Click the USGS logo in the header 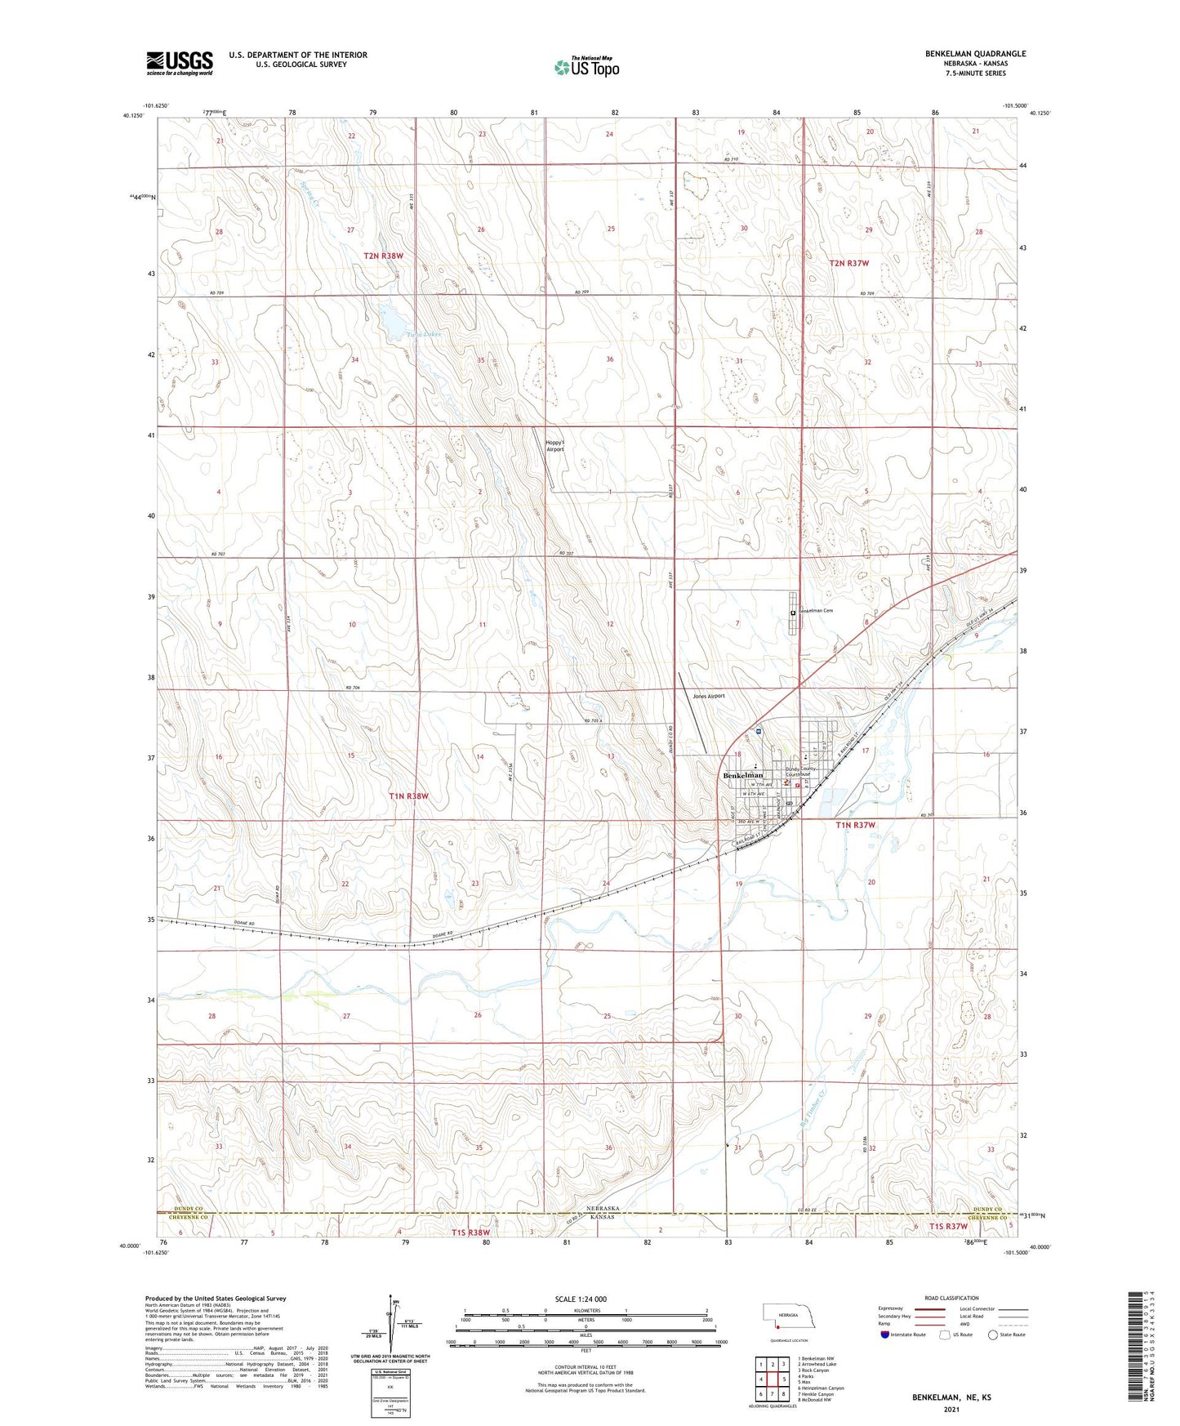(x=180, y=63)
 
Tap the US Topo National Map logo (x=586, y=67)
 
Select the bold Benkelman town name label (x=742, y=775)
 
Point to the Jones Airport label (x=708, y=696)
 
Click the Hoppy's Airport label (x=554, y=445)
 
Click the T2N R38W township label (x=384, y=256)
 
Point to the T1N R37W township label (x=855, y=825)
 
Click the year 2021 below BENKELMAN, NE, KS (x=951, y=1409)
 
